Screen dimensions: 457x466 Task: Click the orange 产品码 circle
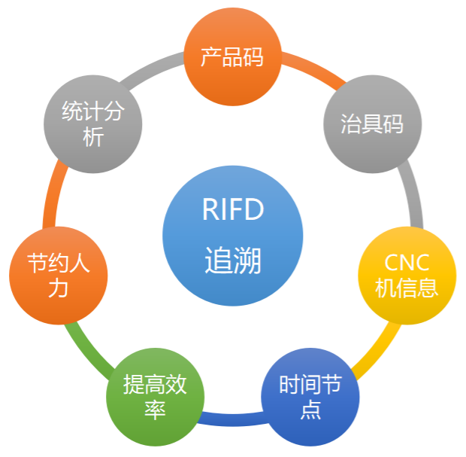coord(233,56)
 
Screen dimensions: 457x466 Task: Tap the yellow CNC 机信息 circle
coord(407,275)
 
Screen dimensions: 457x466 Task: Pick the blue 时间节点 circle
coord(310,397)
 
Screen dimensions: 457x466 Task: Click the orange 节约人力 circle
coord(59,275)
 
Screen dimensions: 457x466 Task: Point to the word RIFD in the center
coord(233,210)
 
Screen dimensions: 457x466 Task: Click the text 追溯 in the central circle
coord(233,261)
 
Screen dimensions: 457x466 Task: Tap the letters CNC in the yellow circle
coord(407,263)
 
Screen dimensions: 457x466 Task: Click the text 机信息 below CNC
coord(407,288)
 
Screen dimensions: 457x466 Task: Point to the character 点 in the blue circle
coord(310,410)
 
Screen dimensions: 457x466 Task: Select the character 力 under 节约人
coord(59,289)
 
